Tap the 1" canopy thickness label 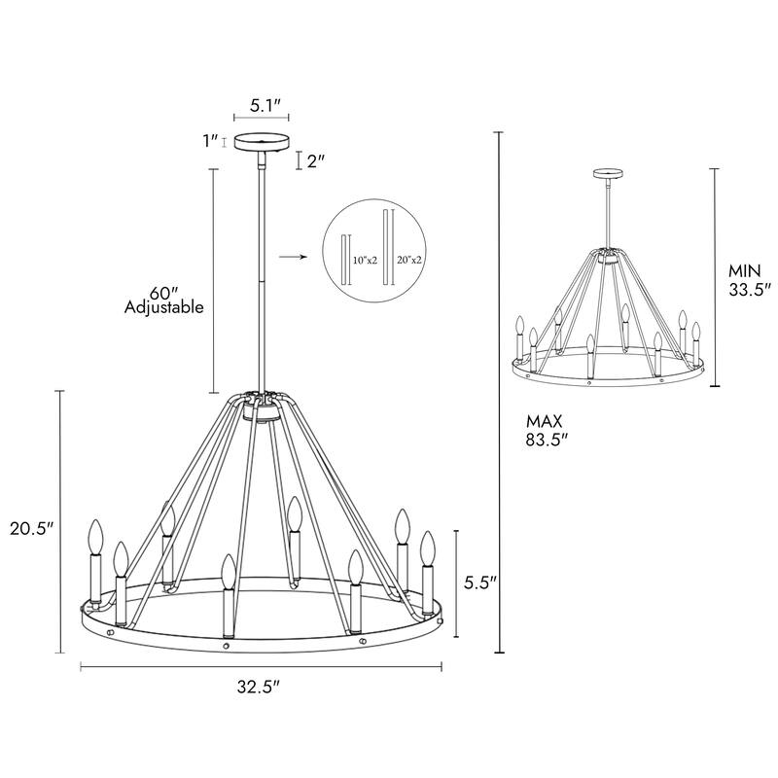coord(208,141)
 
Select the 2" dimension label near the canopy coord(315,161)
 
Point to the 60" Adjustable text coord(163,301)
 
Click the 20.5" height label coord(32,529)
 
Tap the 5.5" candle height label coord(479,583)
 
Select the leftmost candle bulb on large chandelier coord(95,537)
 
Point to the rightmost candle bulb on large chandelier coord(426,548)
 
